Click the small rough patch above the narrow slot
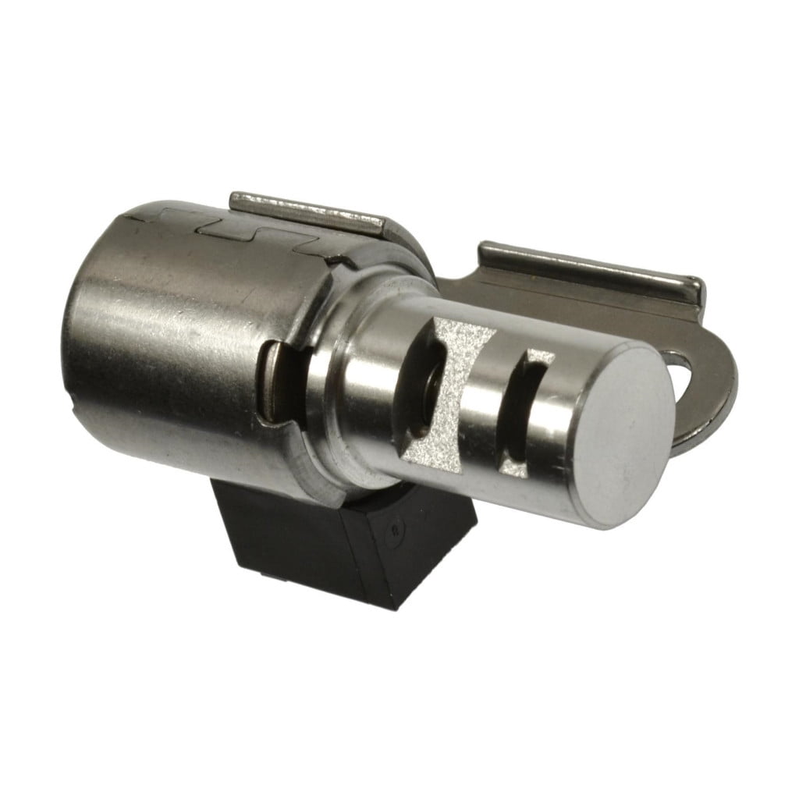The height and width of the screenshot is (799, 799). pos(539,360)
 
